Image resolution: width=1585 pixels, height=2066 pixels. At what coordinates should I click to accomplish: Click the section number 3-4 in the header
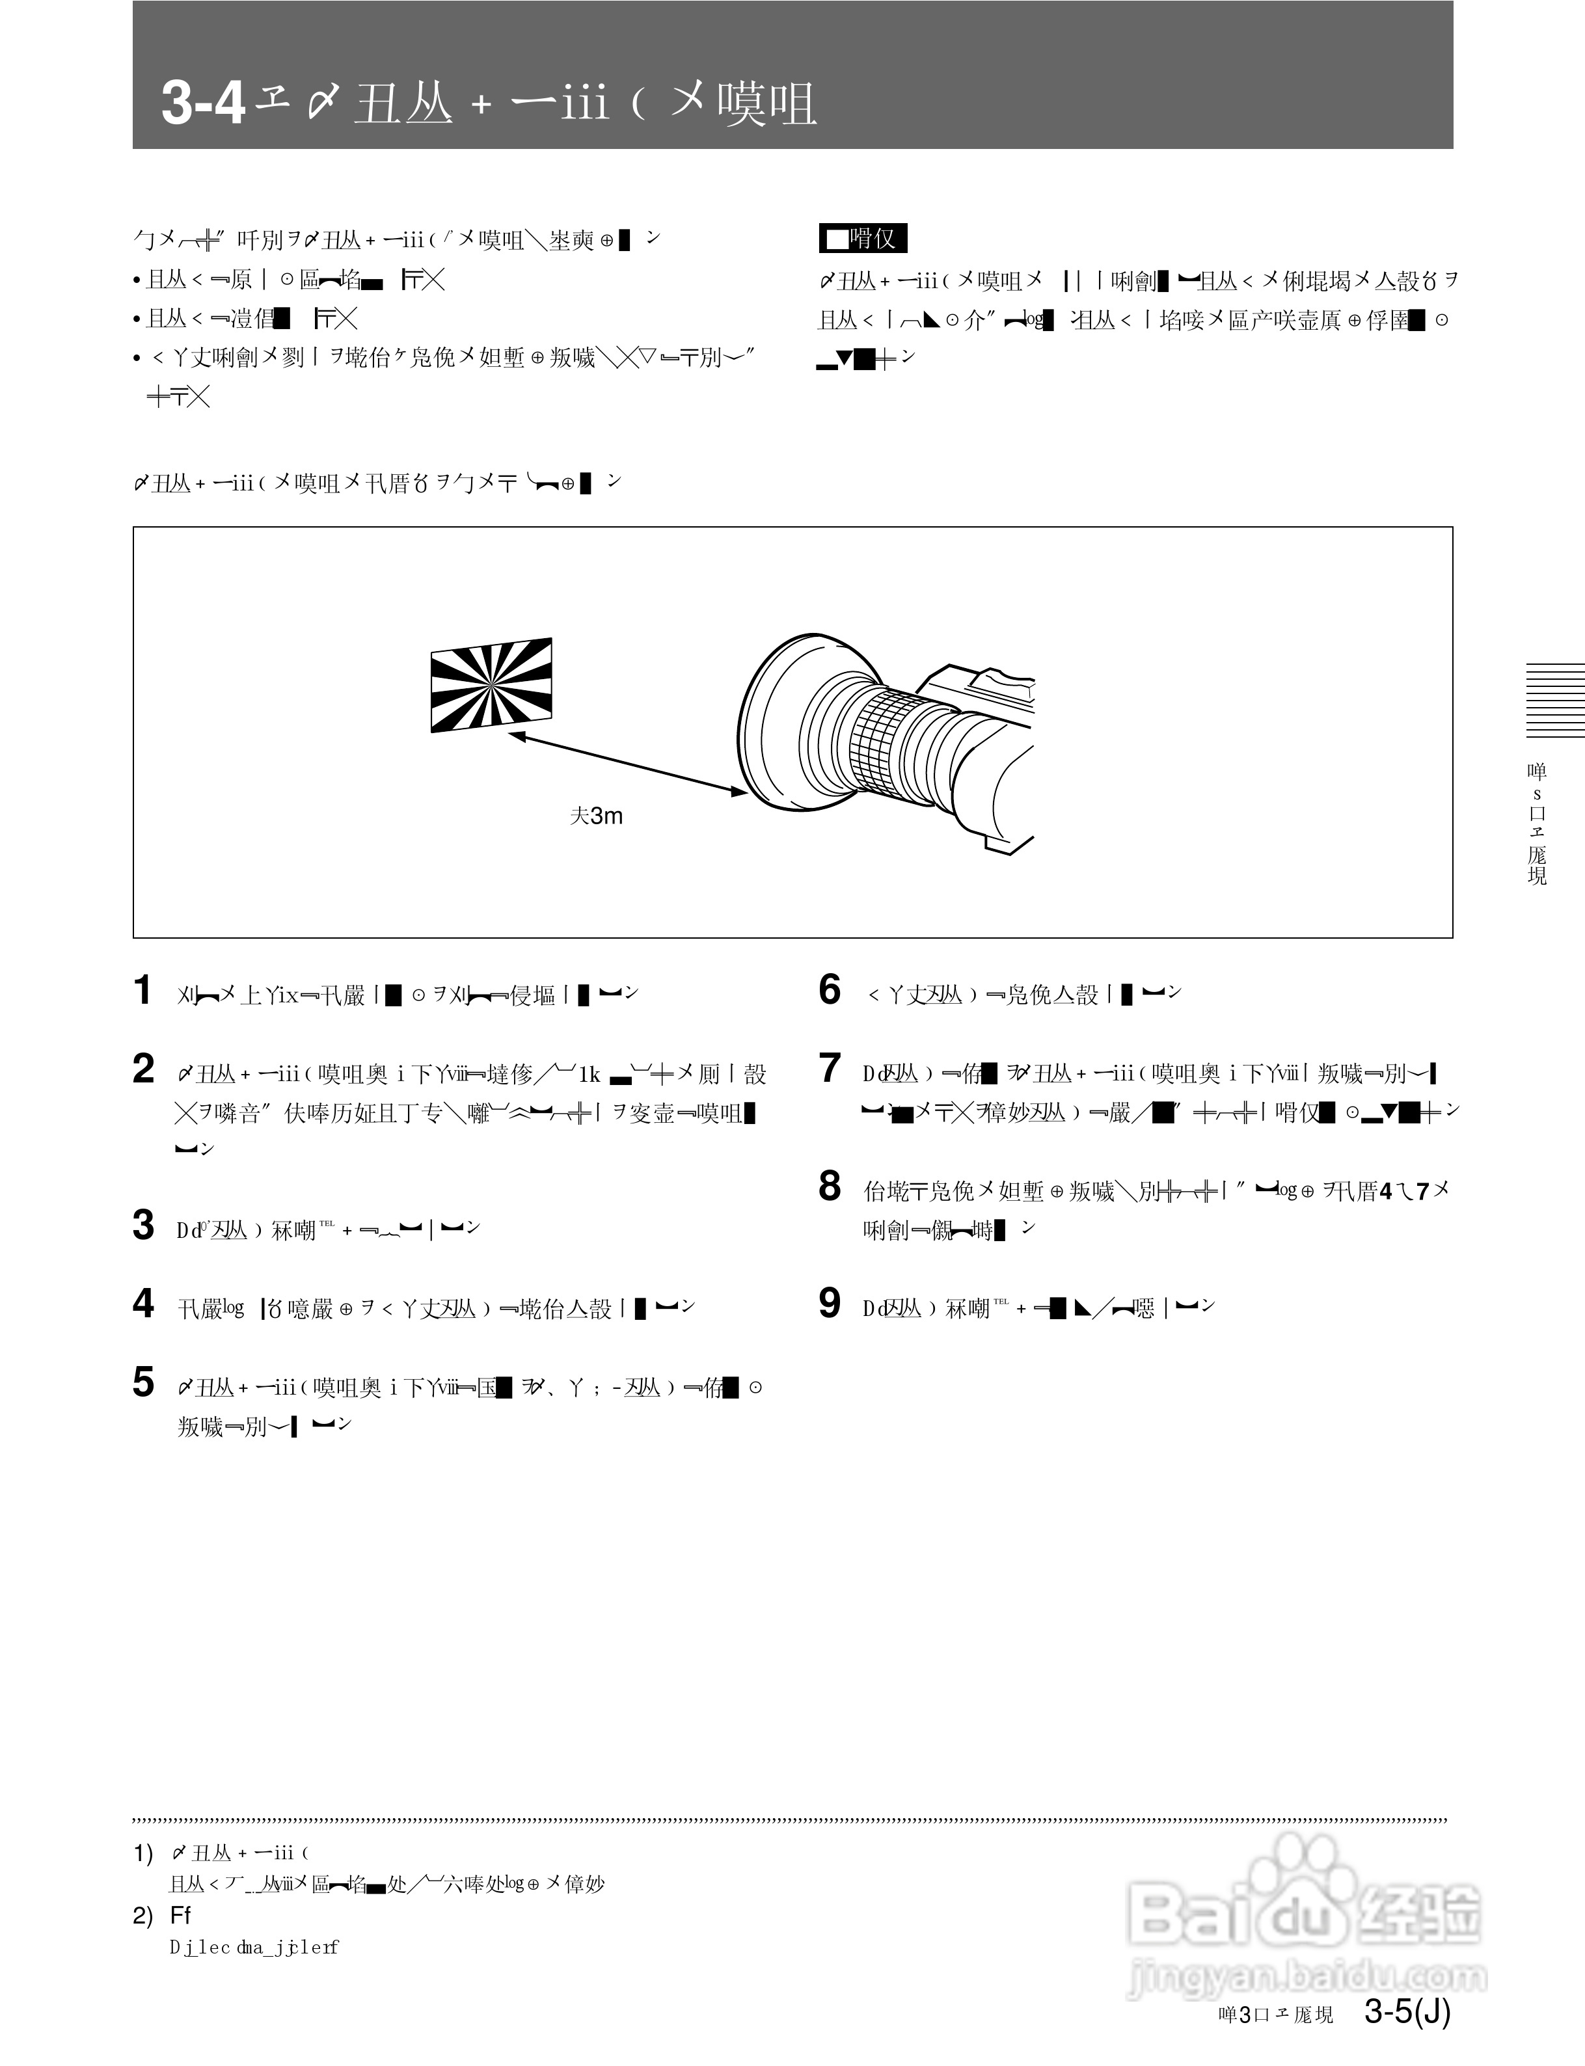click(x=203, y=103)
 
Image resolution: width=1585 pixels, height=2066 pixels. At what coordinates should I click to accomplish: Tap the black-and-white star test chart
click(x=491, y=685)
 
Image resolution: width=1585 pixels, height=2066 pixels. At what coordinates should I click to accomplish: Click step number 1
click(x=142, y=991)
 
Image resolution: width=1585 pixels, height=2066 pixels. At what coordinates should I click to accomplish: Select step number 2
click(x=143, y=1069)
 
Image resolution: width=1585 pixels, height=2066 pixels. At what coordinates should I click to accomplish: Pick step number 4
click(x=143, y=1304)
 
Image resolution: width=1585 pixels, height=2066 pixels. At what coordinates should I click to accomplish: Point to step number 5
click(x=143, y=1382)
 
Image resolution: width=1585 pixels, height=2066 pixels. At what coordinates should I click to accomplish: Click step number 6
click(x=830, y=989)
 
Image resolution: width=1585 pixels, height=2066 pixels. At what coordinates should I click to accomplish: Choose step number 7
click(x=830, y=1069)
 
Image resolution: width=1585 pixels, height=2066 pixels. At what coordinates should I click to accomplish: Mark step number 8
click(x=830, y=1187)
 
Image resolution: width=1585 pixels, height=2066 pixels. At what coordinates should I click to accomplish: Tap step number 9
click(x=830, y=1304)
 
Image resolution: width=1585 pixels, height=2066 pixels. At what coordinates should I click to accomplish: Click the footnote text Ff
click(x=180, y=1915)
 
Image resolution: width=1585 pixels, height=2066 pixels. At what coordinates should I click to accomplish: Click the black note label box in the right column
click(x=862, y=239)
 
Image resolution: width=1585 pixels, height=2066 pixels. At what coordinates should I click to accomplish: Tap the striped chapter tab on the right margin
click(x=1555, y=700)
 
